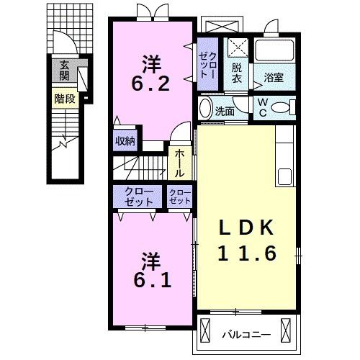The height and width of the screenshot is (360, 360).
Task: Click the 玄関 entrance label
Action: pyautogui.click(x=64, y=71)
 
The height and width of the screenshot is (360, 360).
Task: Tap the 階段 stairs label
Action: pyautogui.click(x=65, y=99)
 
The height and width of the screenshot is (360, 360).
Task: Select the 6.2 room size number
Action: pyautogui.click(x=150, y=84)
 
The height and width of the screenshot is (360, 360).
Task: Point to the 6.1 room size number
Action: pyautogui.click(x=152, y=280)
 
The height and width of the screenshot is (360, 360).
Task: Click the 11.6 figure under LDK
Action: pyautogui.click(x=248, y=253)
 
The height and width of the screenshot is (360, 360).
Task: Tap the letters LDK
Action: pyautogui.click(x=246, y=228)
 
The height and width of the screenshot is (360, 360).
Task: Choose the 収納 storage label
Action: pyautogui.click(x=125, y=141)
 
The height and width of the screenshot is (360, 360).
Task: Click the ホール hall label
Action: pyautogui.click(x=179, y=163)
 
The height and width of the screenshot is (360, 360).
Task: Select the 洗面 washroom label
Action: pyautogui.click(x=225, y=111)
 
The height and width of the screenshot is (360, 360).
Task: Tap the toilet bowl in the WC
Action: pyautogui.click(x=281, y=107)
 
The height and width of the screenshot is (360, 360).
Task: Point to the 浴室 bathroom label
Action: pyautogui.click(x=274, y=77)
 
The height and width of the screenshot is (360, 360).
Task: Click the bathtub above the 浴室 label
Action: pyautogui.click(x=274, y=50)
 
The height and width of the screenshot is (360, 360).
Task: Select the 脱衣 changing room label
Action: pyautogui.click(x=237, y=73)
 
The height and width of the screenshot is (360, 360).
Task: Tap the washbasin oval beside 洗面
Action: pyautogui.click(x=205, y=108)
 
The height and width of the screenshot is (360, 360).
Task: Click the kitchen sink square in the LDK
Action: pyautogui.click(x=284, y=176)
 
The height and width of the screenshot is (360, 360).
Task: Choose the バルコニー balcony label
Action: pyautogui.click(x=246, y=334)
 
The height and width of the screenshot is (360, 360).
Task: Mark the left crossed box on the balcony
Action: pyautogui.click(x=205, y=330)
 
